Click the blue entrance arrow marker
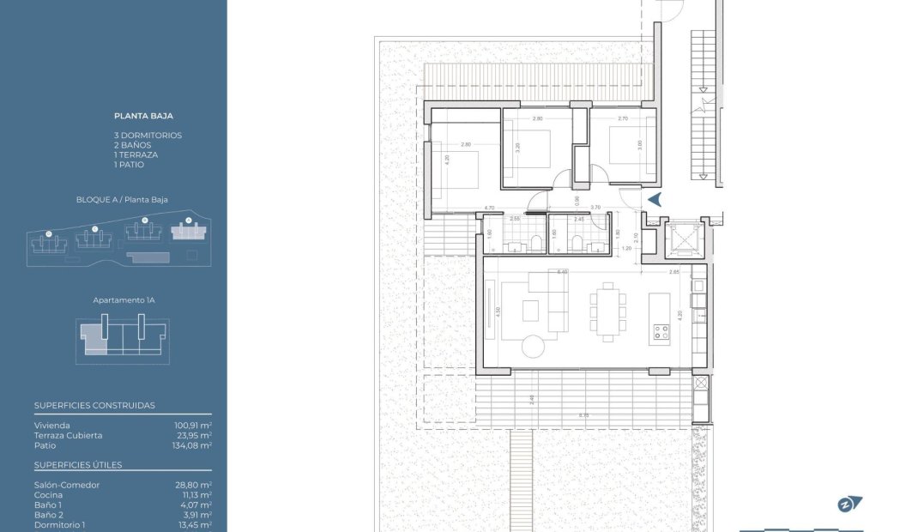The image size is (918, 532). tap(655, 200)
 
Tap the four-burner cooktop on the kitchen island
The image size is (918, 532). tap(660, 332)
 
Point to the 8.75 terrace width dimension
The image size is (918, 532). tap(583, 416)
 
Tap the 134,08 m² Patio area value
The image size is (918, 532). tap(193, 445)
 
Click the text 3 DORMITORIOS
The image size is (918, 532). tap(148, 136)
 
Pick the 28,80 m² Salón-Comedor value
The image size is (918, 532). tap(193, 485)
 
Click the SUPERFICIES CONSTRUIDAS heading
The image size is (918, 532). tap(94, 405)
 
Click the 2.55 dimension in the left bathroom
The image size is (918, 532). tap(515, 220)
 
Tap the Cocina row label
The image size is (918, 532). tap(48, 495)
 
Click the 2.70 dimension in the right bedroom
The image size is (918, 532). tap(623, 118)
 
